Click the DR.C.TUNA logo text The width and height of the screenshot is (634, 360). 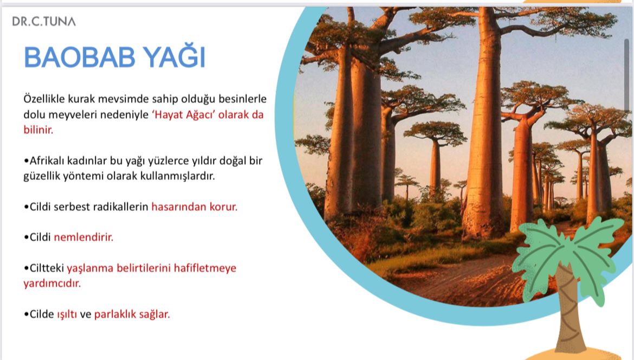click(44, 21)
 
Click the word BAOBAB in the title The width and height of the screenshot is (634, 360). click(79, 57)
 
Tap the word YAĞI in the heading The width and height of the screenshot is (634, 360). click(174, 56)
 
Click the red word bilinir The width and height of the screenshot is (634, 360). click(38, 130)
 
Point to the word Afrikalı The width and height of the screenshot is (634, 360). click(47, 160)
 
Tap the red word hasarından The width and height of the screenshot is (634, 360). click(179, 207)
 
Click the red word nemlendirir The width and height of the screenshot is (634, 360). click(83, 237)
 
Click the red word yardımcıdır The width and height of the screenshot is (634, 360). click(52, 283)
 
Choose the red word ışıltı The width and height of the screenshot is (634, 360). click(67, 314)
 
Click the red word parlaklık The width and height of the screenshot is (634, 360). click(115, 314)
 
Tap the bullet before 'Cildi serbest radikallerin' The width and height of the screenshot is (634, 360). click(27, 207)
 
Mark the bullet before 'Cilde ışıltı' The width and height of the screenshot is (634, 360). click(27, 314)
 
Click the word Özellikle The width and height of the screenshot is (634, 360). click(44, 99)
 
